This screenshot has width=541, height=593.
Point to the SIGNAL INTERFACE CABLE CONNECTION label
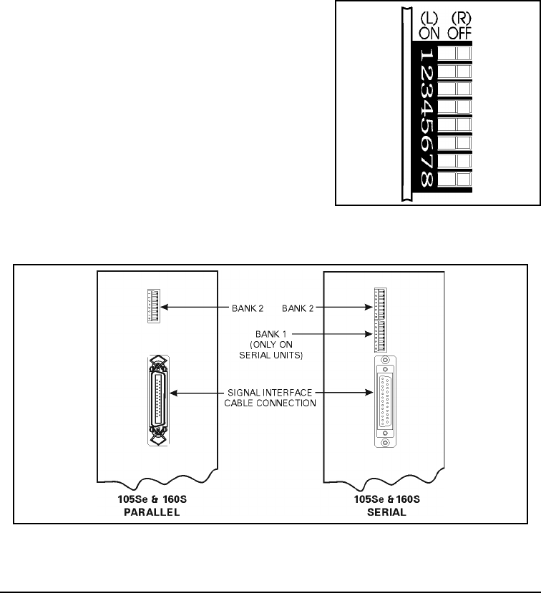273,398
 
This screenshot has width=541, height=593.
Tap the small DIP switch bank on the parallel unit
152,308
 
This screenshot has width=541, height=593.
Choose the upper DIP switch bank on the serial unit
380,303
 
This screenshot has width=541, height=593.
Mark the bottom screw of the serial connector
386,444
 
